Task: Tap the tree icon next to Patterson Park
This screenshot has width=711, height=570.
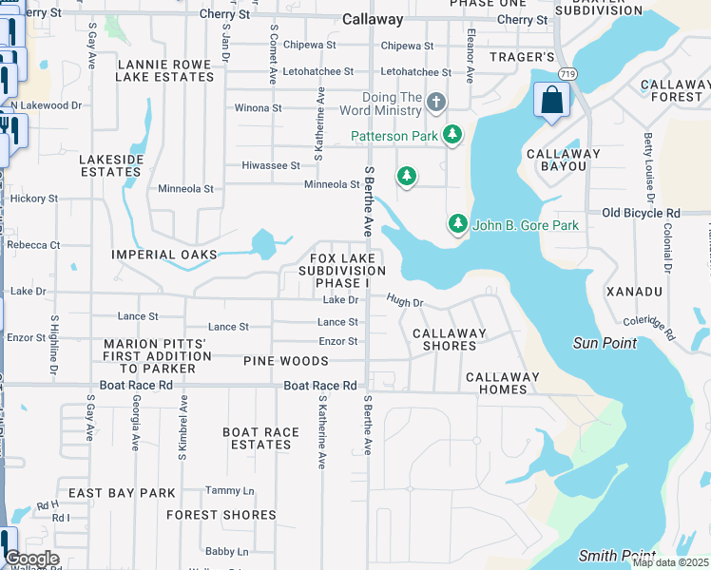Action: [x=453, y=136]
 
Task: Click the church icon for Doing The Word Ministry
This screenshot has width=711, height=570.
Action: [x=436, y=102]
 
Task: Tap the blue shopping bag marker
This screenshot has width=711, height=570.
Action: [x=551, y=101]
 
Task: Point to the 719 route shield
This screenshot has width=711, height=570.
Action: [x=567, y=73]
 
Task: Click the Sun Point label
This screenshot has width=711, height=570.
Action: [x=605, y=343]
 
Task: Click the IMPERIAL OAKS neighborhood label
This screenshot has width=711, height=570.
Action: [x=164, y=255]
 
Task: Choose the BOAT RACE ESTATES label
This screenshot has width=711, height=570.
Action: [x=261, y=438]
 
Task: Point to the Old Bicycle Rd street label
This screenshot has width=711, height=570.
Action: [x=642, y=213]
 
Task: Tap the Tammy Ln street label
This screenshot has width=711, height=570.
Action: [x=230, y=490]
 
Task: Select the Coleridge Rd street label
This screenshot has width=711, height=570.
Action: [x=652, y=329]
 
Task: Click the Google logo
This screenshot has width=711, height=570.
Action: [x=31, y=559]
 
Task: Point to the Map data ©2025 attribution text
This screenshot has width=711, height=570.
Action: [x=670, y=562]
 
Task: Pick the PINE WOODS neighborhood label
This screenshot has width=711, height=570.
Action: [x=286, y=361]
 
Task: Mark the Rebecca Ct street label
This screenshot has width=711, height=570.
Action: [x=33, y=245]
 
